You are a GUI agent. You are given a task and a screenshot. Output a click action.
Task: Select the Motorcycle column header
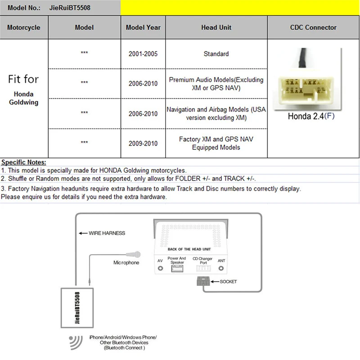tap(23, 27)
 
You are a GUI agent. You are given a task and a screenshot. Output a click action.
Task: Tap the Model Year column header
tap(143, 27)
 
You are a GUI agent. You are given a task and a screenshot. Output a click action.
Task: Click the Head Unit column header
tap(216, 27)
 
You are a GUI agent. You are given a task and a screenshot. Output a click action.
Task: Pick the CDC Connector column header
tap(313, 27)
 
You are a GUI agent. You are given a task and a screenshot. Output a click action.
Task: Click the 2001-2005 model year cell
tap(143, 54)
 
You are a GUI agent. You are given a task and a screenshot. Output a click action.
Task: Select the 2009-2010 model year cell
tap(143, 144)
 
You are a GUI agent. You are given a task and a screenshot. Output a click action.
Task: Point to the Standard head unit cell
tap(216, 54)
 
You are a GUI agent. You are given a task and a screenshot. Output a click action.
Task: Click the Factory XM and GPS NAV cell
tap(216, 144)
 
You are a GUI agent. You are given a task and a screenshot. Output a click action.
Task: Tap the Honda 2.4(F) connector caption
tap(311, 116)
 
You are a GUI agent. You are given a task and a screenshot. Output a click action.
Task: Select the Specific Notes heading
tap(23, 162)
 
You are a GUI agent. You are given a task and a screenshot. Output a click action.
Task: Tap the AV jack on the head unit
tap(160, 269)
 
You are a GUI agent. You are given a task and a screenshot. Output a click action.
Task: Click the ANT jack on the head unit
tap(221, 269)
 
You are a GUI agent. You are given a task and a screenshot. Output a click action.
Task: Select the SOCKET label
tap(228, 282)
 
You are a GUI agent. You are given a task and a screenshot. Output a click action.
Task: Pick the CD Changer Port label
tap(202, 260)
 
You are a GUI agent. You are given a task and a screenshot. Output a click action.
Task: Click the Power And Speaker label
tap(176, 260)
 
